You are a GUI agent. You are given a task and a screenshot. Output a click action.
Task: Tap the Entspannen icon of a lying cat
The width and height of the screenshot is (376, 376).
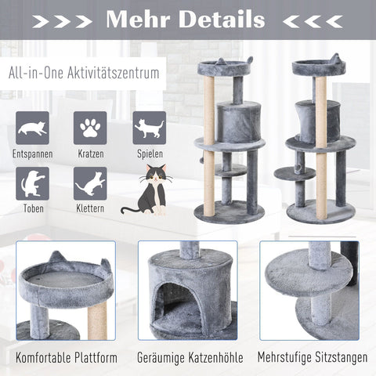[x=32, y=128]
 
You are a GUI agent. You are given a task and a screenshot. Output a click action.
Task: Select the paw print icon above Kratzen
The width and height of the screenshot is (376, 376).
[x=90, y=128]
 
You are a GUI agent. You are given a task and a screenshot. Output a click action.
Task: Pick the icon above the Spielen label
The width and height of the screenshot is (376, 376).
[x=149, y=128]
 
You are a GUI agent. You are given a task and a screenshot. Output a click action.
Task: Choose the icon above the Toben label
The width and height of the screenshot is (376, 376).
[x=32, y=183]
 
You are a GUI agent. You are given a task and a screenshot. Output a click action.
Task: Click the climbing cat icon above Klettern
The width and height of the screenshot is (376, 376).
[x=90, y=183]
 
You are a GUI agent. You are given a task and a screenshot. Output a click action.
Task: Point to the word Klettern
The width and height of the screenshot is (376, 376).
[x=90, y=210]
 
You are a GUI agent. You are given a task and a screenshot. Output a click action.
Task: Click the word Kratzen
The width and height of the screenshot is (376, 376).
[x=90, y=154]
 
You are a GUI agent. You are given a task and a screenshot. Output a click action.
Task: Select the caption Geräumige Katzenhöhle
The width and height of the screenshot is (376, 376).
[x=188, y=358]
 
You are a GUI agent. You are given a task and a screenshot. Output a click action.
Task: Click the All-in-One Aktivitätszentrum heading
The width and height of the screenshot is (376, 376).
[x=85, y=74]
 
